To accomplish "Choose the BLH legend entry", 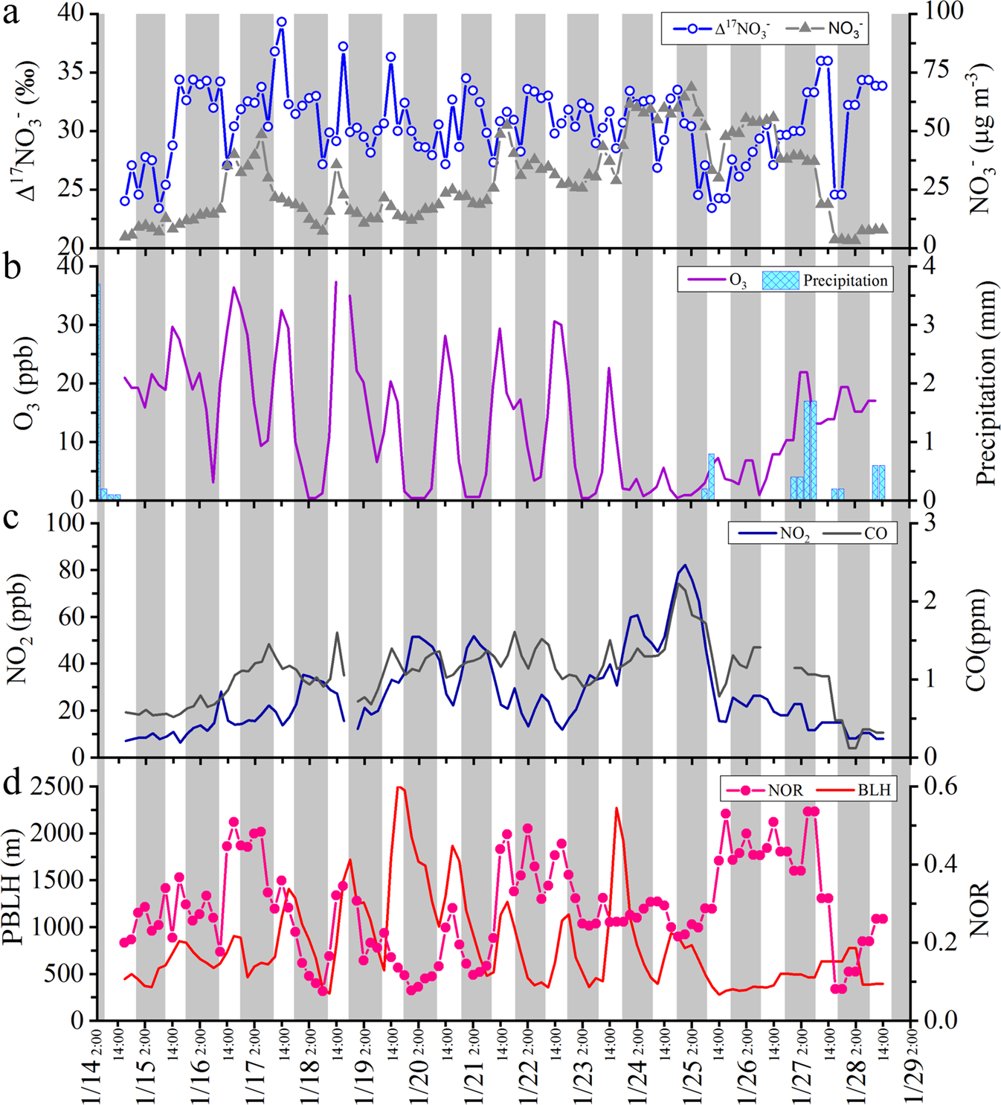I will (x=855, y=789).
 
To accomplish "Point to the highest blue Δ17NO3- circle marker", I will (x=281, y=22).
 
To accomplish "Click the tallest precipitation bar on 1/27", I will (x=810, y=449).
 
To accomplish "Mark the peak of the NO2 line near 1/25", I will (x=685, y=566).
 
